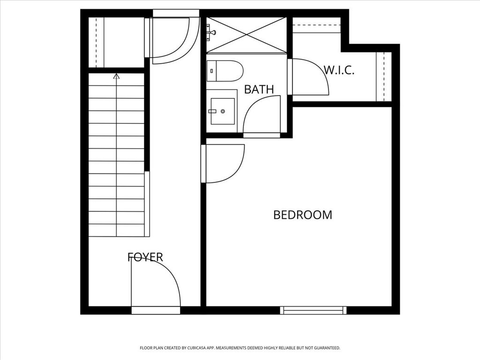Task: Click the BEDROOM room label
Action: click(x=302, y=215)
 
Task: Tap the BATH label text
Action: click(x=259, y=89)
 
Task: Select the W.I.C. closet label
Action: click(x=338, y=71)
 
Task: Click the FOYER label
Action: click(x=145, y=257)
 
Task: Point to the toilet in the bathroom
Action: click(x=225, y=71)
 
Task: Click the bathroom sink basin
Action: click(x=223, y=111)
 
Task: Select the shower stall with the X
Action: click(x=247, y=35)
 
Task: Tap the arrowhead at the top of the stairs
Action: click(x=116, y=75)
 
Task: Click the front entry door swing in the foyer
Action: click(x=155, y=284)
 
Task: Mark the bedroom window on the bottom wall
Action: click(x=313, y=310)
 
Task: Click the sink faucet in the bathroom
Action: click(x=212, y=111)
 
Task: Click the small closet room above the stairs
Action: click(x=116, y=42)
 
